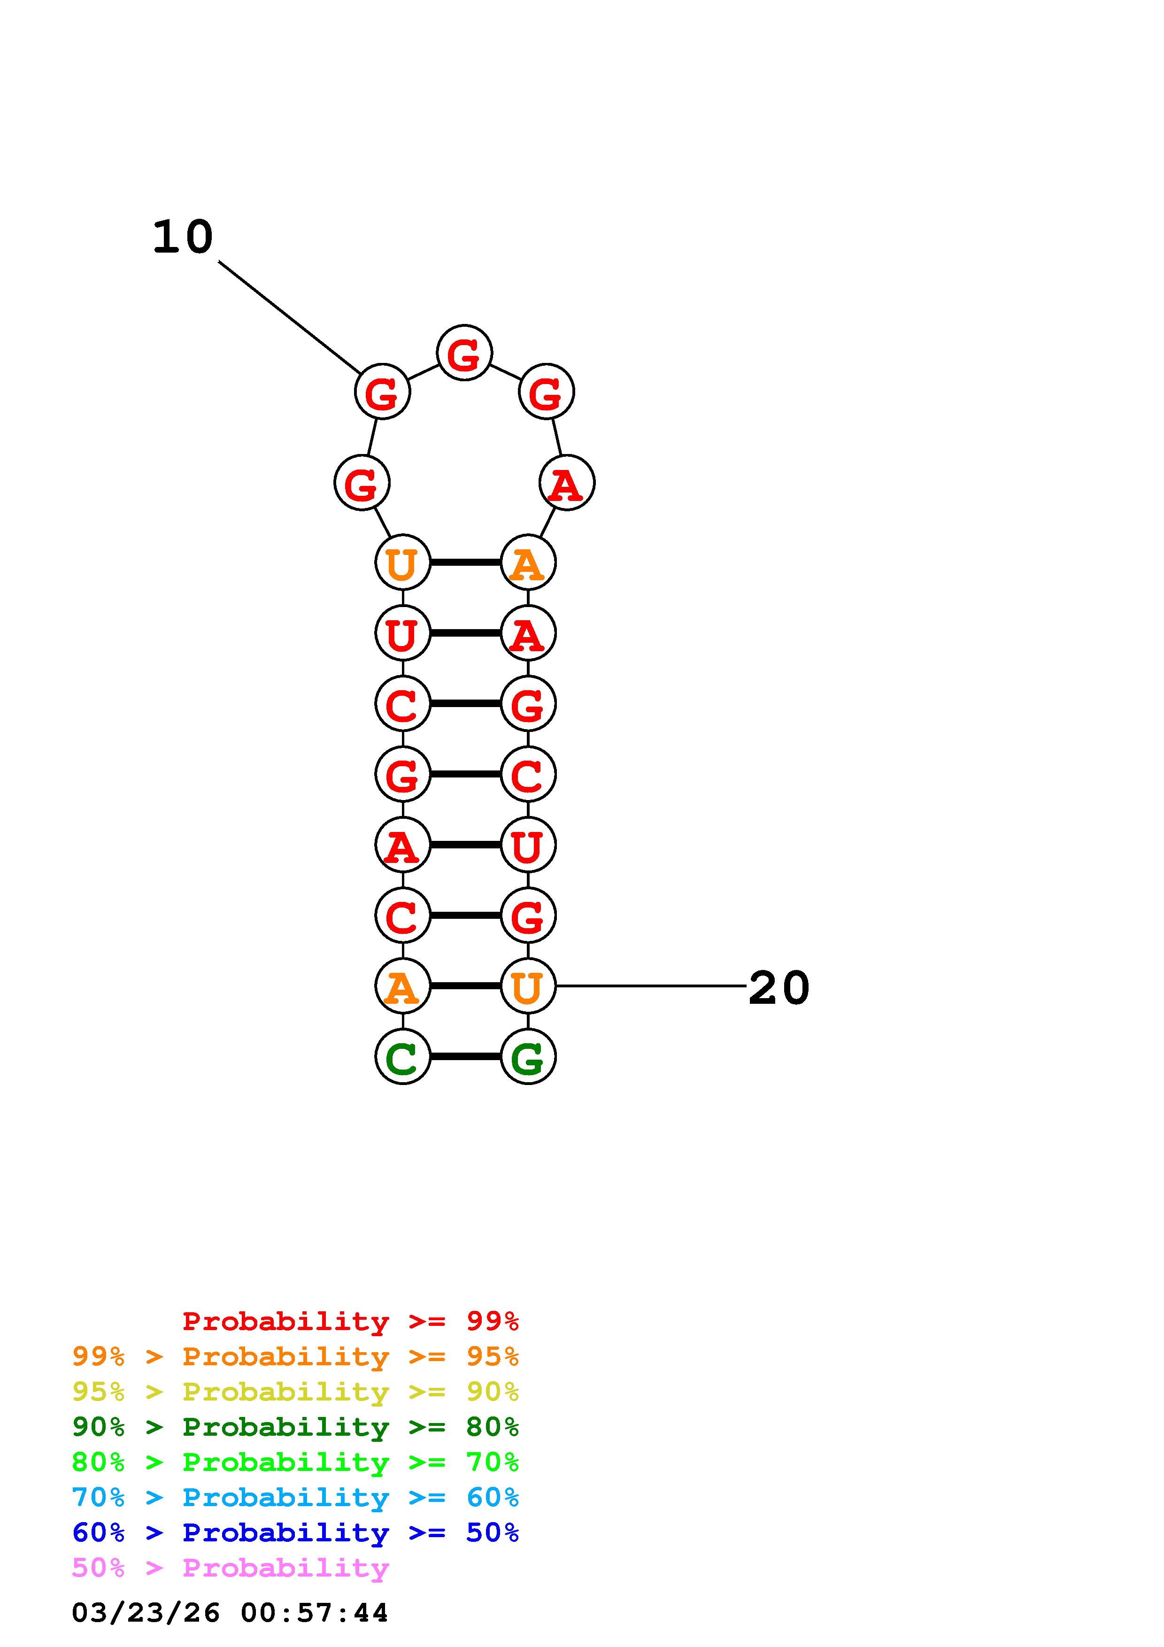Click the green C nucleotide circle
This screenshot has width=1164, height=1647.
pyautogui.click(x=402, y=1057)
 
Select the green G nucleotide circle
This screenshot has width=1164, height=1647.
pyautogui.click(x=528, y=1057)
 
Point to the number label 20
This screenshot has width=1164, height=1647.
pyautogui.click(x=779, y=988)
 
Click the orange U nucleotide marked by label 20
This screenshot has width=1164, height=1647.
pyautogui.click(x=528, y=986)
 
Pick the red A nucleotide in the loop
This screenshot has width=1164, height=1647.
pyautogui.click(x=567, y=483)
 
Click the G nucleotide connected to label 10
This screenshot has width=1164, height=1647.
pyautogui.click(x=382, y=392)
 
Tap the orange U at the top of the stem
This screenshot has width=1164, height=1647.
pyautogui.click(x=402, y=562)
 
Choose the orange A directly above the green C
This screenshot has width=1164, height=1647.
pyautogui.click(x=402, y=986)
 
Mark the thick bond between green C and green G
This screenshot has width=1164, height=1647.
pyautogui.click(x=465, y=1057)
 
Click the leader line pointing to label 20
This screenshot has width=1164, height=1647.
pyautogui.click(x=651, y=986)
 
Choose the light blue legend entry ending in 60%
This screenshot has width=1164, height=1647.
pyautogui.click(x=295, y=1497)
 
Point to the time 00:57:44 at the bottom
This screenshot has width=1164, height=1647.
pyautogui.click(x=314, y=1613)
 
